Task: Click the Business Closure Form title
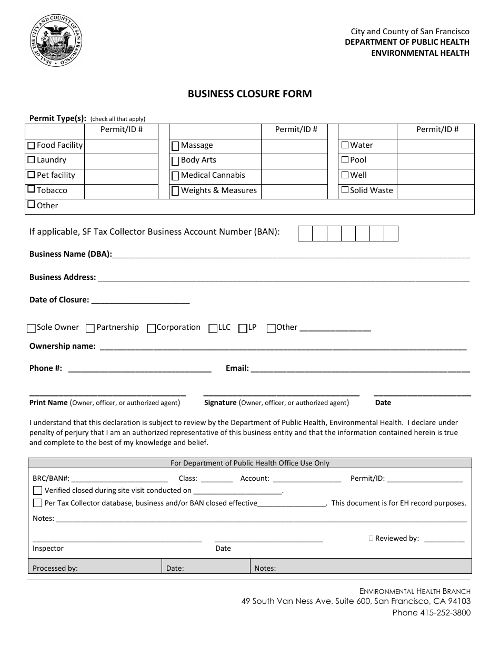(250, 94)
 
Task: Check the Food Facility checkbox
(32, 145)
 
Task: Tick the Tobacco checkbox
(32, 189)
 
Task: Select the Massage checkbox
(175, 146)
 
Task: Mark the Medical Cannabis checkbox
(175, 176)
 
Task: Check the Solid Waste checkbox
(345, 190)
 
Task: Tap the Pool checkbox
(345, 160)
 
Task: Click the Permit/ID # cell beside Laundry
(121, 160)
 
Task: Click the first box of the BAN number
(305, 233)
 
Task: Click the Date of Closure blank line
(141, 300)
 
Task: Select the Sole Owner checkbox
(31, 328)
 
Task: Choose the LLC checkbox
(213, 328)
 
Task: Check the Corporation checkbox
(152, 328)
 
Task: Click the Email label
(237, 368)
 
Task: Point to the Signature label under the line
(220, 402)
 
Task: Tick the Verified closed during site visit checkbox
(37, 490)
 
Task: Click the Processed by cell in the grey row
(95, 568)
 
